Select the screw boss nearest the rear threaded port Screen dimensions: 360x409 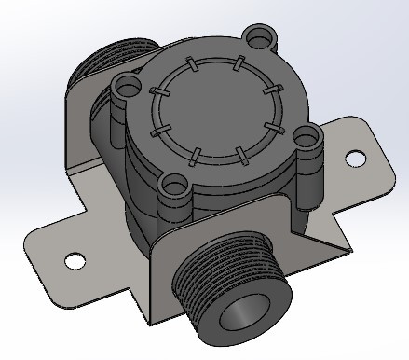[x=125, y=88]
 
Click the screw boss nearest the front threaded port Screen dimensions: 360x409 [x=172, y=187]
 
